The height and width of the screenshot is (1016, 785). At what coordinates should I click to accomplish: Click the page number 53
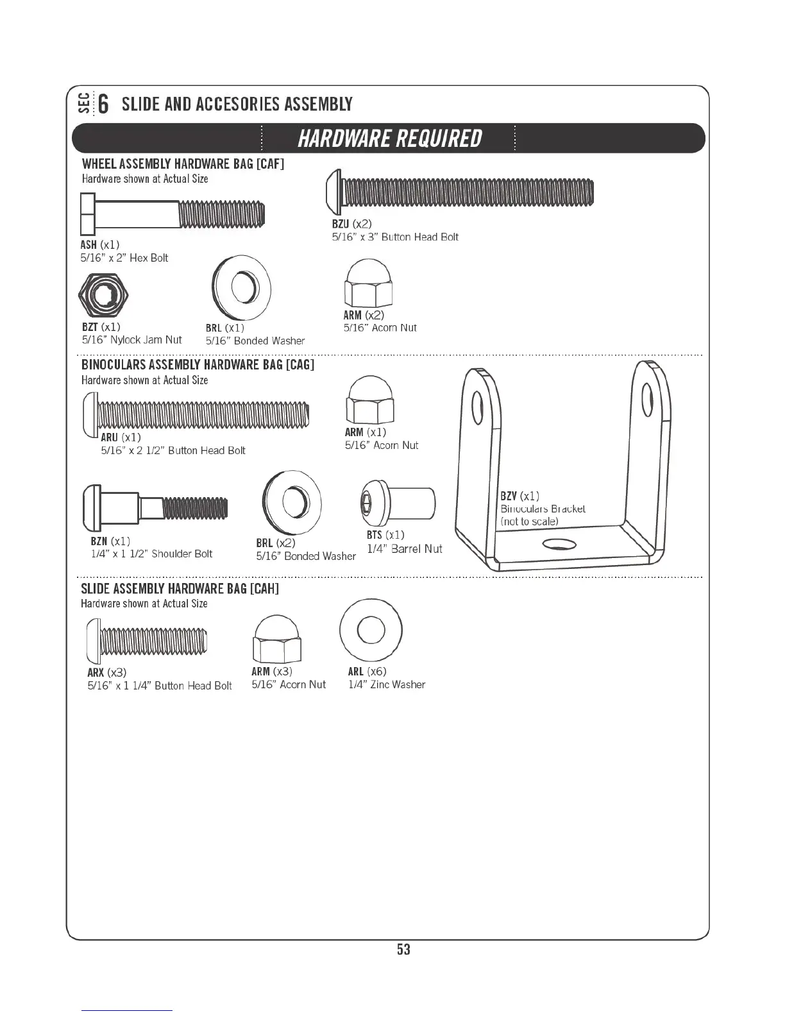(403, 949)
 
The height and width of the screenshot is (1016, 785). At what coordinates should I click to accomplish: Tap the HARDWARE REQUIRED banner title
(389, 138)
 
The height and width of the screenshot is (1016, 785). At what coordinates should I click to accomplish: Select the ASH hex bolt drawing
(172, 214)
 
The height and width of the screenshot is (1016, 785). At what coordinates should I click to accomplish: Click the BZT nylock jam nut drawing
(103, 294)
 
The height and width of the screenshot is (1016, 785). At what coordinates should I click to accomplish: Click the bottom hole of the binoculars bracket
(559, 545)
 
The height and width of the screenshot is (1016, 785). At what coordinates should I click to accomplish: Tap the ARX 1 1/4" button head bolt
(147, 640)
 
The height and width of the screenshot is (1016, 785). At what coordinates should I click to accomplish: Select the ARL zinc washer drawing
(371, 631)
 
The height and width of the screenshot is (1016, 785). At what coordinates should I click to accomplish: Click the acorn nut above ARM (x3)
(277, 639)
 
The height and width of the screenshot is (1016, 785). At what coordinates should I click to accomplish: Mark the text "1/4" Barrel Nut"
(405, 549)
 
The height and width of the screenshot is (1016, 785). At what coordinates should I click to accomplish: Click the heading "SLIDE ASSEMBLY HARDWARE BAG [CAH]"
(180, 589)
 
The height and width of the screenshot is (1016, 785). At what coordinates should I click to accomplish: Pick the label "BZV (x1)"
(519, 496)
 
